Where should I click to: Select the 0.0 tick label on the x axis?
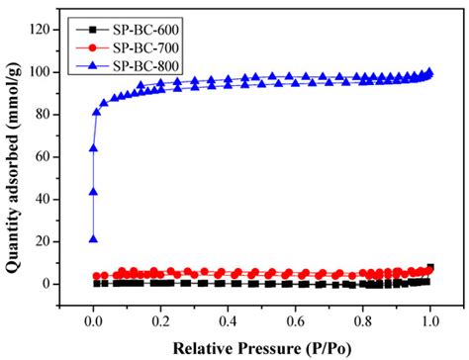click(x=93, y=321)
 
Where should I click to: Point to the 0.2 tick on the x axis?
click(x=160, y=321)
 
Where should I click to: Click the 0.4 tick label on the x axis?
click(x=228, y=321)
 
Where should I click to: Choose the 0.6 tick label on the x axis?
click(x=295, y=321)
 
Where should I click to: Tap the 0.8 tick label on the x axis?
click(x=362, y=321)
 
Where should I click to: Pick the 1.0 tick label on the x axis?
click(x=429, y=321)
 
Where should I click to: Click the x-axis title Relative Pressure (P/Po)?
click(x=261, y=347)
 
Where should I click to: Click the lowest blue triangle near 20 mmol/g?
click(x=93, y=238)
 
